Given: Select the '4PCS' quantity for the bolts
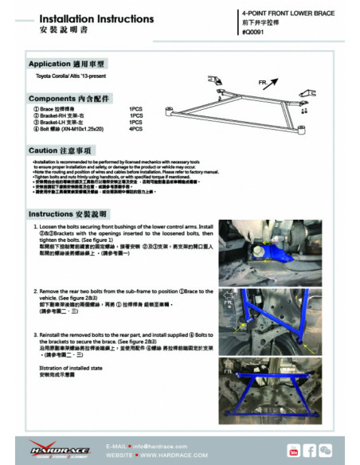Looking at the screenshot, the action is point(136,128).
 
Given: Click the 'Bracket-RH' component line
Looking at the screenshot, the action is point(68,115).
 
